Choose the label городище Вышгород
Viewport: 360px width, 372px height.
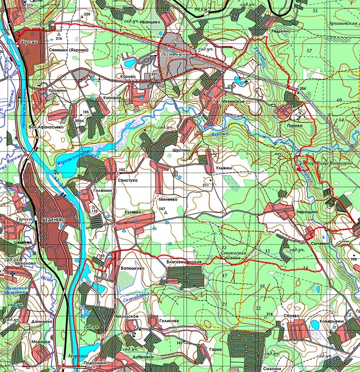[327, 162]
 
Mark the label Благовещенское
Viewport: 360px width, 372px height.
[183, 262]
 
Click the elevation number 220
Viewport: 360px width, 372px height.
[87, 14]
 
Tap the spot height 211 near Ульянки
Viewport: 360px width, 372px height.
[206, 185]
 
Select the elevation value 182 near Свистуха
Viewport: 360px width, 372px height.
[121, 170]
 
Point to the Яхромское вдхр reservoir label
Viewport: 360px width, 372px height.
[70, 159]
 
